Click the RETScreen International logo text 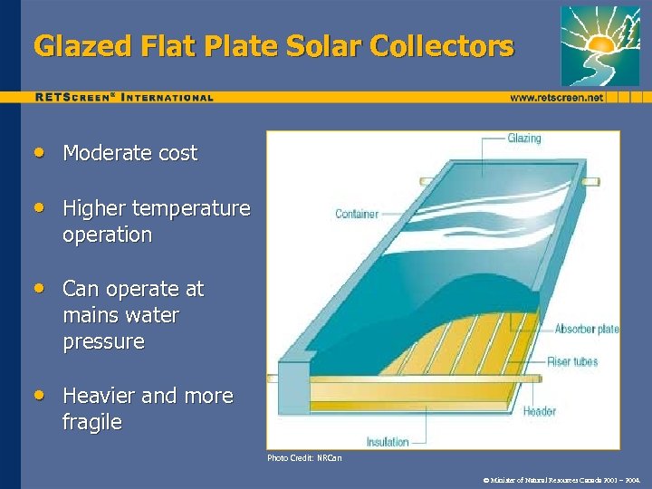tap(124, 97)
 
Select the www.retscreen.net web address tap(556, 97)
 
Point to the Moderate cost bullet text tap(129, 154)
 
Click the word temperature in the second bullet tap(191, 208)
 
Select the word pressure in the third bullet tap(103, 342)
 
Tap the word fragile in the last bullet tap(91, 423)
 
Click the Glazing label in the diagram tap(523, 139)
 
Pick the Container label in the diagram tap(357, 214)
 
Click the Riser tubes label tap(572, 361)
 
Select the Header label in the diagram tap(540, 411)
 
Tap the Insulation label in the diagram tap(388, 442)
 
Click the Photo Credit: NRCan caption tap(304, 458)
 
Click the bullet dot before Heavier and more tap(38, 396)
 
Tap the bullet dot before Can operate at tap(38, 289)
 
